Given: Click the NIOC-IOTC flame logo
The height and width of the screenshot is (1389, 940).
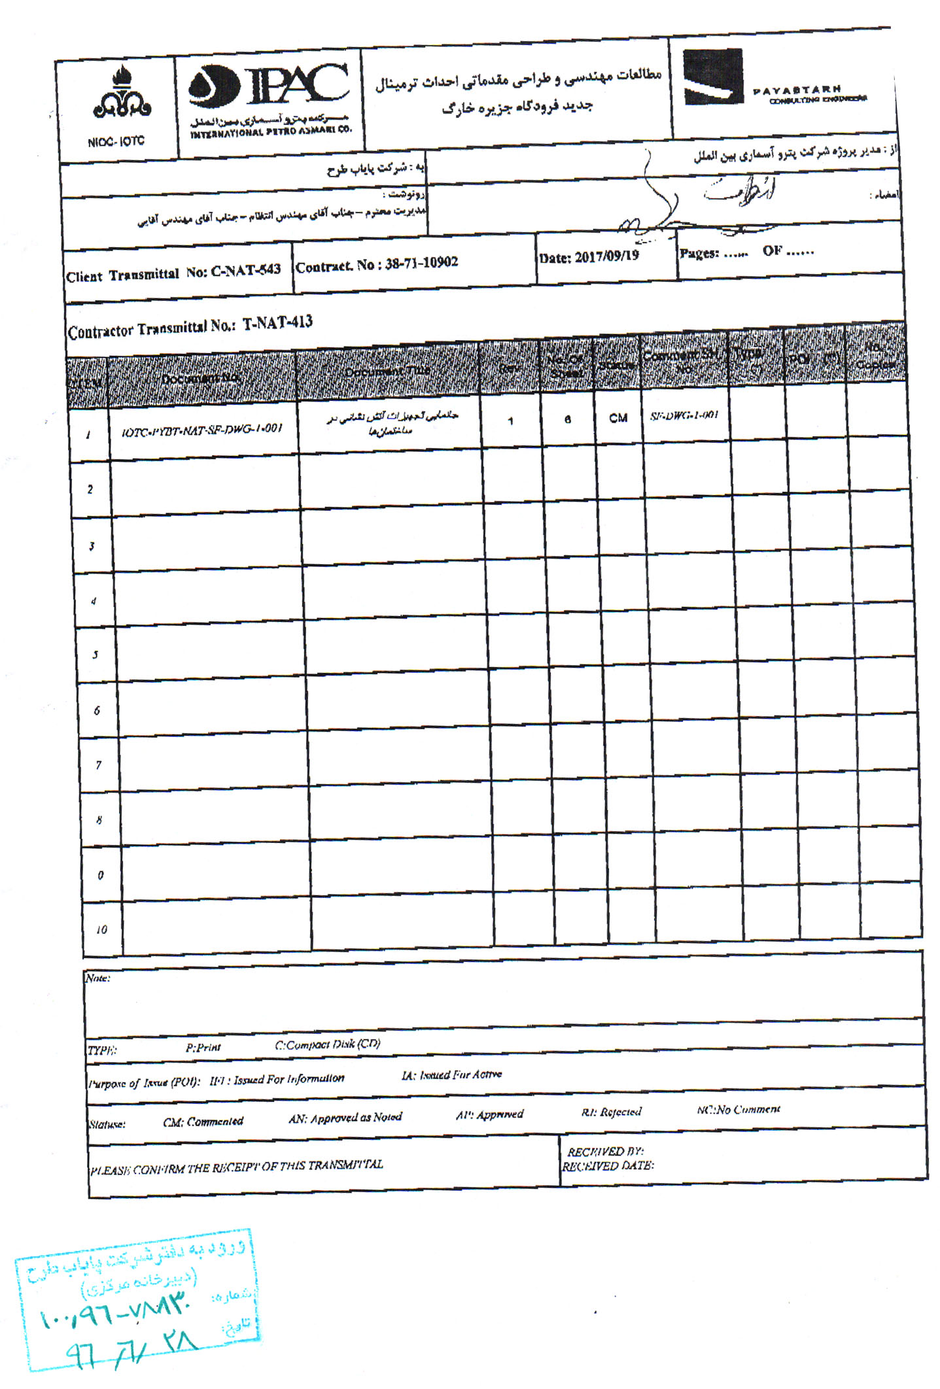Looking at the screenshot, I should tap(121, 95).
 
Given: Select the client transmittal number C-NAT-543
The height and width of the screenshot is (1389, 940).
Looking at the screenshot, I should tap(245, 271).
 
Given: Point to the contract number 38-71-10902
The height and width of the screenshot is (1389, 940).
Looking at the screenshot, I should tap(421, 263).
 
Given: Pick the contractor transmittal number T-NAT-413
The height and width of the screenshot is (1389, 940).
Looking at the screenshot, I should tap(277, 323).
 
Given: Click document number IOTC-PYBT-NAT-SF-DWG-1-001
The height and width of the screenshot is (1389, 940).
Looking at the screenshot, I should tap(202, 430).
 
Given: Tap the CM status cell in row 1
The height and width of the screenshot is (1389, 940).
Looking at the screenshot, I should tap(618, 418).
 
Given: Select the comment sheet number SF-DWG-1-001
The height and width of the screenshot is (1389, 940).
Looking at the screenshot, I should tap(684, 415).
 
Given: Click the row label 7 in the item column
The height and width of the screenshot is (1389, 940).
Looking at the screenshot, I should tap(99, 764).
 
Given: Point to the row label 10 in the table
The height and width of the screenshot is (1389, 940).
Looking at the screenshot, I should tap(101, 929).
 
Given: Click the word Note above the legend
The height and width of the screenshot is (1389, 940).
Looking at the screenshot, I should tap(97, 978).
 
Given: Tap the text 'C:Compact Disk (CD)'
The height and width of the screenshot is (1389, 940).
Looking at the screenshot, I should tap(328, 1044).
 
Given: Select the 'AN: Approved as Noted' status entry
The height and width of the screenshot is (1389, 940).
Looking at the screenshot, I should tap(345, 1118).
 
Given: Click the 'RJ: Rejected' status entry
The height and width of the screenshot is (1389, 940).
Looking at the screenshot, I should tap(611, 1112).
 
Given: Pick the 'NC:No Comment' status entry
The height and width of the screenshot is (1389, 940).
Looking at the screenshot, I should tap(738, 1109).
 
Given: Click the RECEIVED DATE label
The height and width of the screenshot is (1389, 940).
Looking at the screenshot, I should tap(608, 1165).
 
